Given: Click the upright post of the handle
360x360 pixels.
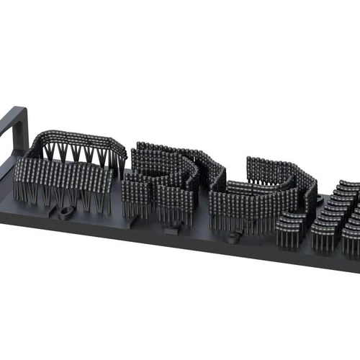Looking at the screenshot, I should [22, 130].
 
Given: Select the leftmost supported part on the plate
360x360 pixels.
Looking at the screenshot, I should [68, 173].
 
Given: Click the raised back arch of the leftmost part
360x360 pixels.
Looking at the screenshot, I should [79, 137].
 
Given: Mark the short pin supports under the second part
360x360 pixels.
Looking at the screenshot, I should [155, 209].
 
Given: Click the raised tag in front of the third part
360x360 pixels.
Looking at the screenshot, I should [233, 236].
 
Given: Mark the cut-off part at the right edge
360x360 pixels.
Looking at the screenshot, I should [338, 216].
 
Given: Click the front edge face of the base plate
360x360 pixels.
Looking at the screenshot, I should [180, 248].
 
